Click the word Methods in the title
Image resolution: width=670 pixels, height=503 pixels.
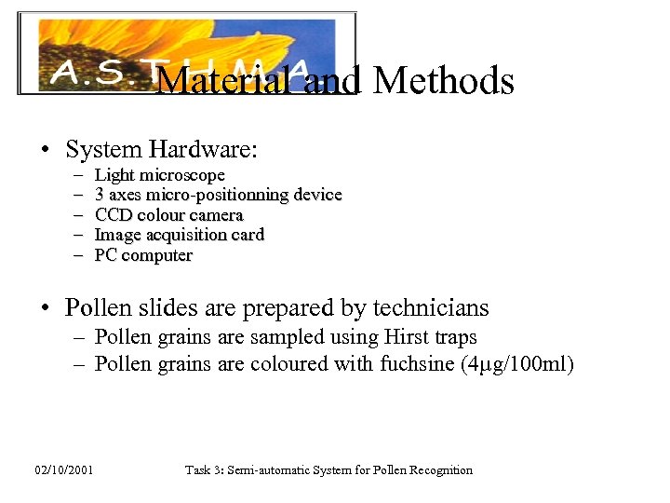[443, 82]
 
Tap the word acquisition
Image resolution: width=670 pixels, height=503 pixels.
[187, 235]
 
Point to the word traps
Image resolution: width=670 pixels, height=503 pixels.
[456, 337]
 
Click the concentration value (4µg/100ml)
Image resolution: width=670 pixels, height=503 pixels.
[517, 363]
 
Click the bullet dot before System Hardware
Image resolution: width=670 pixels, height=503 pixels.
[44, 150]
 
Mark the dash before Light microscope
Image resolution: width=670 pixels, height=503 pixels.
[75, 175]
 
